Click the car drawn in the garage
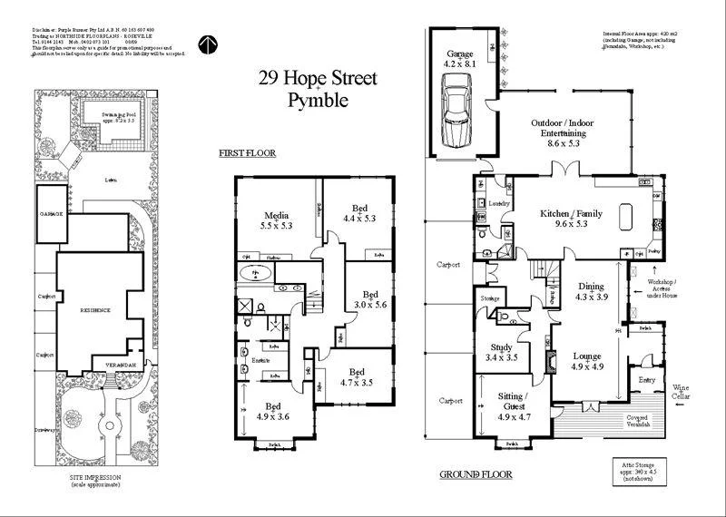458,109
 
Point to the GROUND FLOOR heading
476,474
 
